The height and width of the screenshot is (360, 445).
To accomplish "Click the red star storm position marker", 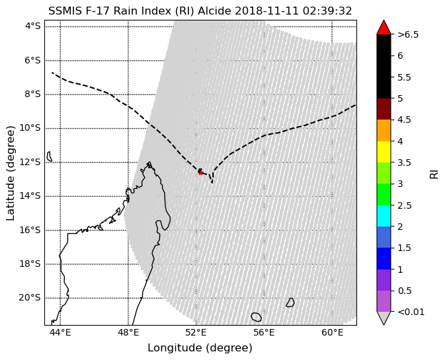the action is [200, 172].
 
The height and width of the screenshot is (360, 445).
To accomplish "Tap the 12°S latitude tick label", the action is [30, 162].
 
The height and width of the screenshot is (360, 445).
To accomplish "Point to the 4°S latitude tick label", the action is [32, 26].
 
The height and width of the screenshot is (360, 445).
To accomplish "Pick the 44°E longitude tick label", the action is [60, 332].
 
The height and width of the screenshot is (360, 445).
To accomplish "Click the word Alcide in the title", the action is [215, 11].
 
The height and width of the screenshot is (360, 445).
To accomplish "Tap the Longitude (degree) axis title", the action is [200, 348].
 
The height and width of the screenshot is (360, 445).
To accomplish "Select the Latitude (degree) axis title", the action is [10, 173].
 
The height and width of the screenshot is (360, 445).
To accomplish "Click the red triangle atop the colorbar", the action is [384, 28].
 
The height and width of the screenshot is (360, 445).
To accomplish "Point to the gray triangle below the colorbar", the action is [384, 318].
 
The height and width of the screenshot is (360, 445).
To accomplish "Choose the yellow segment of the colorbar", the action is [384, 152].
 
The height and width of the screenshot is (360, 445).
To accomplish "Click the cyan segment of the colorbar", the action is [384, 216].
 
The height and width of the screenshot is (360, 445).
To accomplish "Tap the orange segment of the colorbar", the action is [384, 130].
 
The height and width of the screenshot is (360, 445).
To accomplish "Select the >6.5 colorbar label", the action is [408, 34].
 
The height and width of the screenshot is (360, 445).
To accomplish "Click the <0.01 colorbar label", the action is [411, 312].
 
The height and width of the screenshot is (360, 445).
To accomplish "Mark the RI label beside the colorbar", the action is [434, 174].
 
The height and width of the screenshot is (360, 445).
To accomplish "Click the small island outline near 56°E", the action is [257, 317].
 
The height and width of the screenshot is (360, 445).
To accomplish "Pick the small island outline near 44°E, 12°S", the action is [50, 157].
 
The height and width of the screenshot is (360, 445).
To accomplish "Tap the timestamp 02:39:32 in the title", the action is [327, 11].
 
